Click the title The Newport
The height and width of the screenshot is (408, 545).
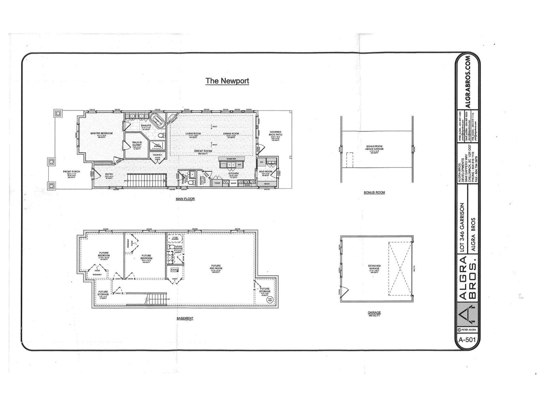coord(227,81)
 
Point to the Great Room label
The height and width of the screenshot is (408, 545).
coord(203,152)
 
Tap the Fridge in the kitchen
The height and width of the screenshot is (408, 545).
coord(217,183)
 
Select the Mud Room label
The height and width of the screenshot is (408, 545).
coord(266,172)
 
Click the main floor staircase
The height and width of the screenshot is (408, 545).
coord(146,180)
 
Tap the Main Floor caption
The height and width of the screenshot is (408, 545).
coord(185,199)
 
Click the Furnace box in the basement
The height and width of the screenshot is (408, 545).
coord(175,270)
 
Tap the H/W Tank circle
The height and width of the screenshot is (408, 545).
coord(270,300)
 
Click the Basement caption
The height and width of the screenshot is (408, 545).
coord(185,319)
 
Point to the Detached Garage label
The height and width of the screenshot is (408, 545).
coord(374,268)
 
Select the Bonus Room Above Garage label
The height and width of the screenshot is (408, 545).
coord(375,148)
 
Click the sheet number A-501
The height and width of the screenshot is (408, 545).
coord(467,339)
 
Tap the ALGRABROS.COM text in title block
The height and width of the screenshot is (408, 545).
coord(468,82)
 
